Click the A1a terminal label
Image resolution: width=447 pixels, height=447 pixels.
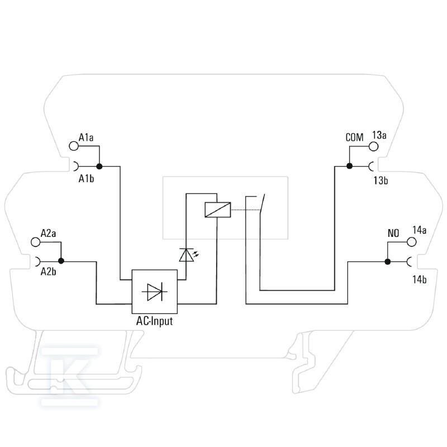(86, 137)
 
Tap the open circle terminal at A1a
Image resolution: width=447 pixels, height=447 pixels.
(74, 146)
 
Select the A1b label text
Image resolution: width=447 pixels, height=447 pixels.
(86, 179)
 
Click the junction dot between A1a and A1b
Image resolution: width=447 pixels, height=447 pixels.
(99, 166)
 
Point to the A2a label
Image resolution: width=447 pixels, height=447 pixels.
(48, 233)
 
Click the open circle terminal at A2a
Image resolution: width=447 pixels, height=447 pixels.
(36, 242)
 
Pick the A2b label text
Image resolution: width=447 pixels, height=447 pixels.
(48, 272)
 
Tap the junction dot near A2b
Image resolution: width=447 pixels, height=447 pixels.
(61, 261)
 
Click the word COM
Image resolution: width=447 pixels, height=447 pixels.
(354, 137)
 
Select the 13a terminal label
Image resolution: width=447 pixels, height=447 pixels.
(379, 135)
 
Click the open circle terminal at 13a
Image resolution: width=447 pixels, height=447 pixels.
(373, 146)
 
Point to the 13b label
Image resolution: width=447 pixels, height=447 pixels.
(381, 180)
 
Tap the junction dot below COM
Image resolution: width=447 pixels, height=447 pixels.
(350, 166)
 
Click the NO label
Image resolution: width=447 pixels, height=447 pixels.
(393, 234)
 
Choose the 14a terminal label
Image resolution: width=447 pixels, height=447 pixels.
(420, 230)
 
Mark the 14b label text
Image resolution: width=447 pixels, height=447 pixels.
(420, 280)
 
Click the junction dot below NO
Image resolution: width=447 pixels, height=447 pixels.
(388, 261)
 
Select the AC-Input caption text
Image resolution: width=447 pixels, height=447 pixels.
(155, 321)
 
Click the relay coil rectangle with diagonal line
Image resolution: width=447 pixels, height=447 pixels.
(218, 210)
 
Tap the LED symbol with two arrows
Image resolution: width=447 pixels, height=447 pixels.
(189, 255)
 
